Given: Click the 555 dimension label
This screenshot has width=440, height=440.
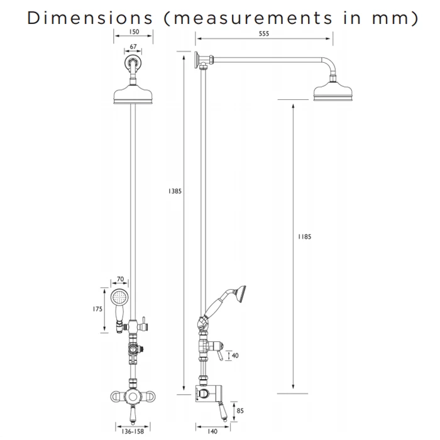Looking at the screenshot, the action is point(264,34).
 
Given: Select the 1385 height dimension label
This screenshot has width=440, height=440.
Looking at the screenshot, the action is point(175,191).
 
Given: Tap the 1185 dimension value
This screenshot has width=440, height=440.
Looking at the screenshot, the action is point(304,237).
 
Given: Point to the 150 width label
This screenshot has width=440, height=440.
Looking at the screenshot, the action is point(134,31).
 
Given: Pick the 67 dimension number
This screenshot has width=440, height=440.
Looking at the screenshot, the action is point(133,47).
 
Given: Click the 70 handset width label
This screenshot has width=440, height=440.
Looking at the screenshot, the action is point(120,279).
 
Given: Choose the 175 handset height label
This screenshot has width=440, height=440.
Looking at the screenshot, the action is point(97,309).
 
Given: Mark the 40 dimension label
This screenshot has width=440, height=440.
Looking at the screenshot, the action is point(235,356).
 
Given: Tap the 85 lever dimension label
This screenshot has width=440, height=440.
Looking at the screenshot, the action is point(240,411).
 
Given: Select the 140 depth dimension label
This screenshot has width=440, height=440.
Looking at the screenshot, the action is point(212,431).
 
